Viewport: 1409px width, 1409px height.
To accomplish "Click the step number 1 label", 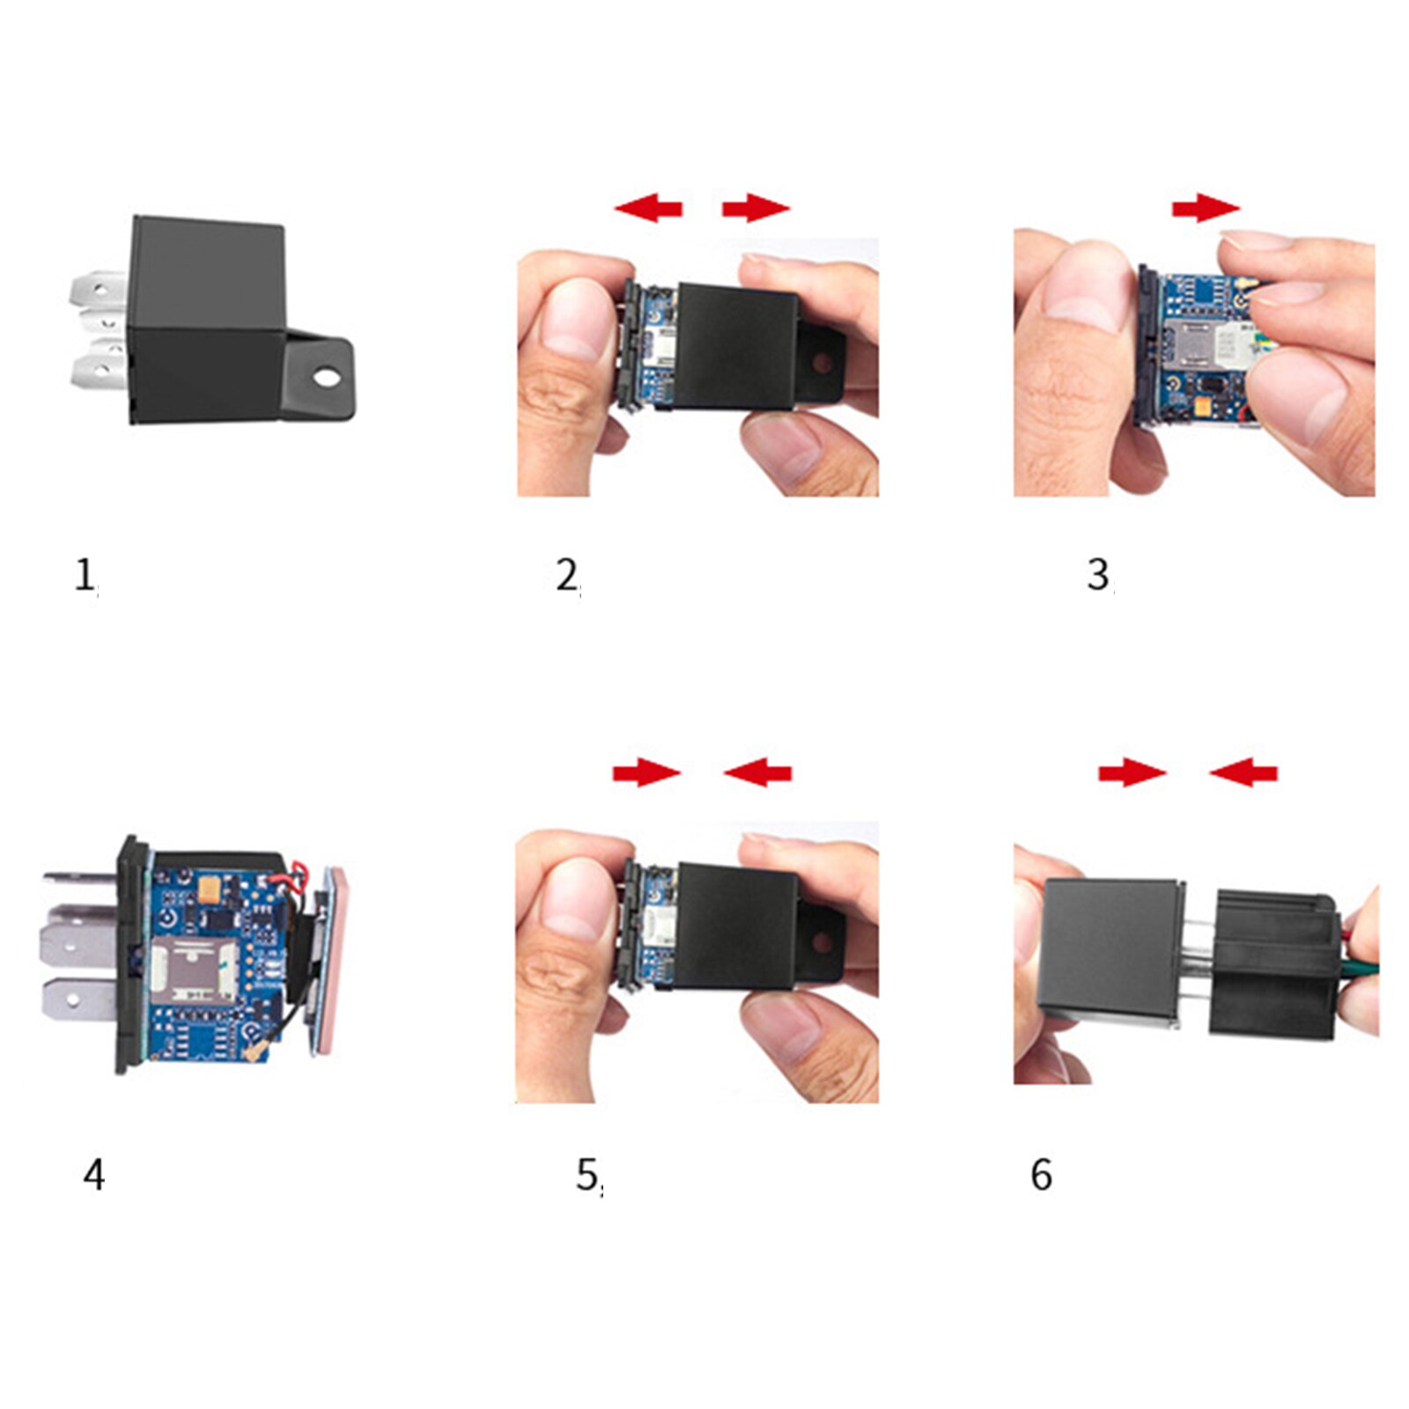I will (x=85, y=577).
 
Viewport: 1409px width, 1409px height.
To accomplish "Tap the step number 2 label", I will (x=567, y=577).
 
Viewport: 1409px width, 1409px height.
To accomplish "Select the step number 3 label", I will (x=1097, y=576).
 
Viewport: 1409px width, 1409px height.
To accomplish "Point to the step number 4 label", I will (x=93, y=1175).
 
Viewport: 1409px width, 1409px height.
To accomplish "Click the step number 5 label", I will (x=587, y=1175).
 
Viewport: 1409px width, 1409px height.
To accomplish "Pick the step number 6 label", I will (x=1041, y=1175).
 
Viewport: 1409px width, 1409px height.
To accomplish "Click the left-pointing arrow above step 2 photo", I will (x=648, y=209).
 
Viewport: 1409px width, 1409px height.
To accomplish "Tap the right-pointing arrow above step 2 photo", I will (x=756, y=209).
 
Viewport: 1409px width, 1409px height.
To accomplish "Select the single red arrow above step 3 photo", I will (x=1205, y=209).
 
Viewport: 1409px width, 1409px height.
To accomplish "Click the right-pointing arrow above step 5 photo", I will (x=647, y=773).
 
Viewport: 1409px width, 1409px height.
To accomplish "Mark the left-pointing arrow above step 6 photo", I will (x=1243, y=773).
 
